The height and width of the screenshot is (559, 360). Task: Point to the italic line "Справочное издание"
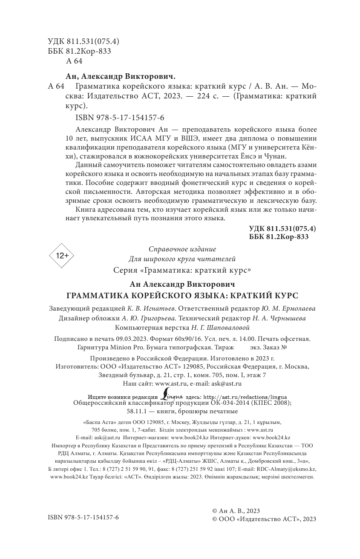pos(182,249)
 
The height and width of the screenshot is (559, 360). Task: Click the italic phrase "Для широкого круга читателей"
pos(182,259)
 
